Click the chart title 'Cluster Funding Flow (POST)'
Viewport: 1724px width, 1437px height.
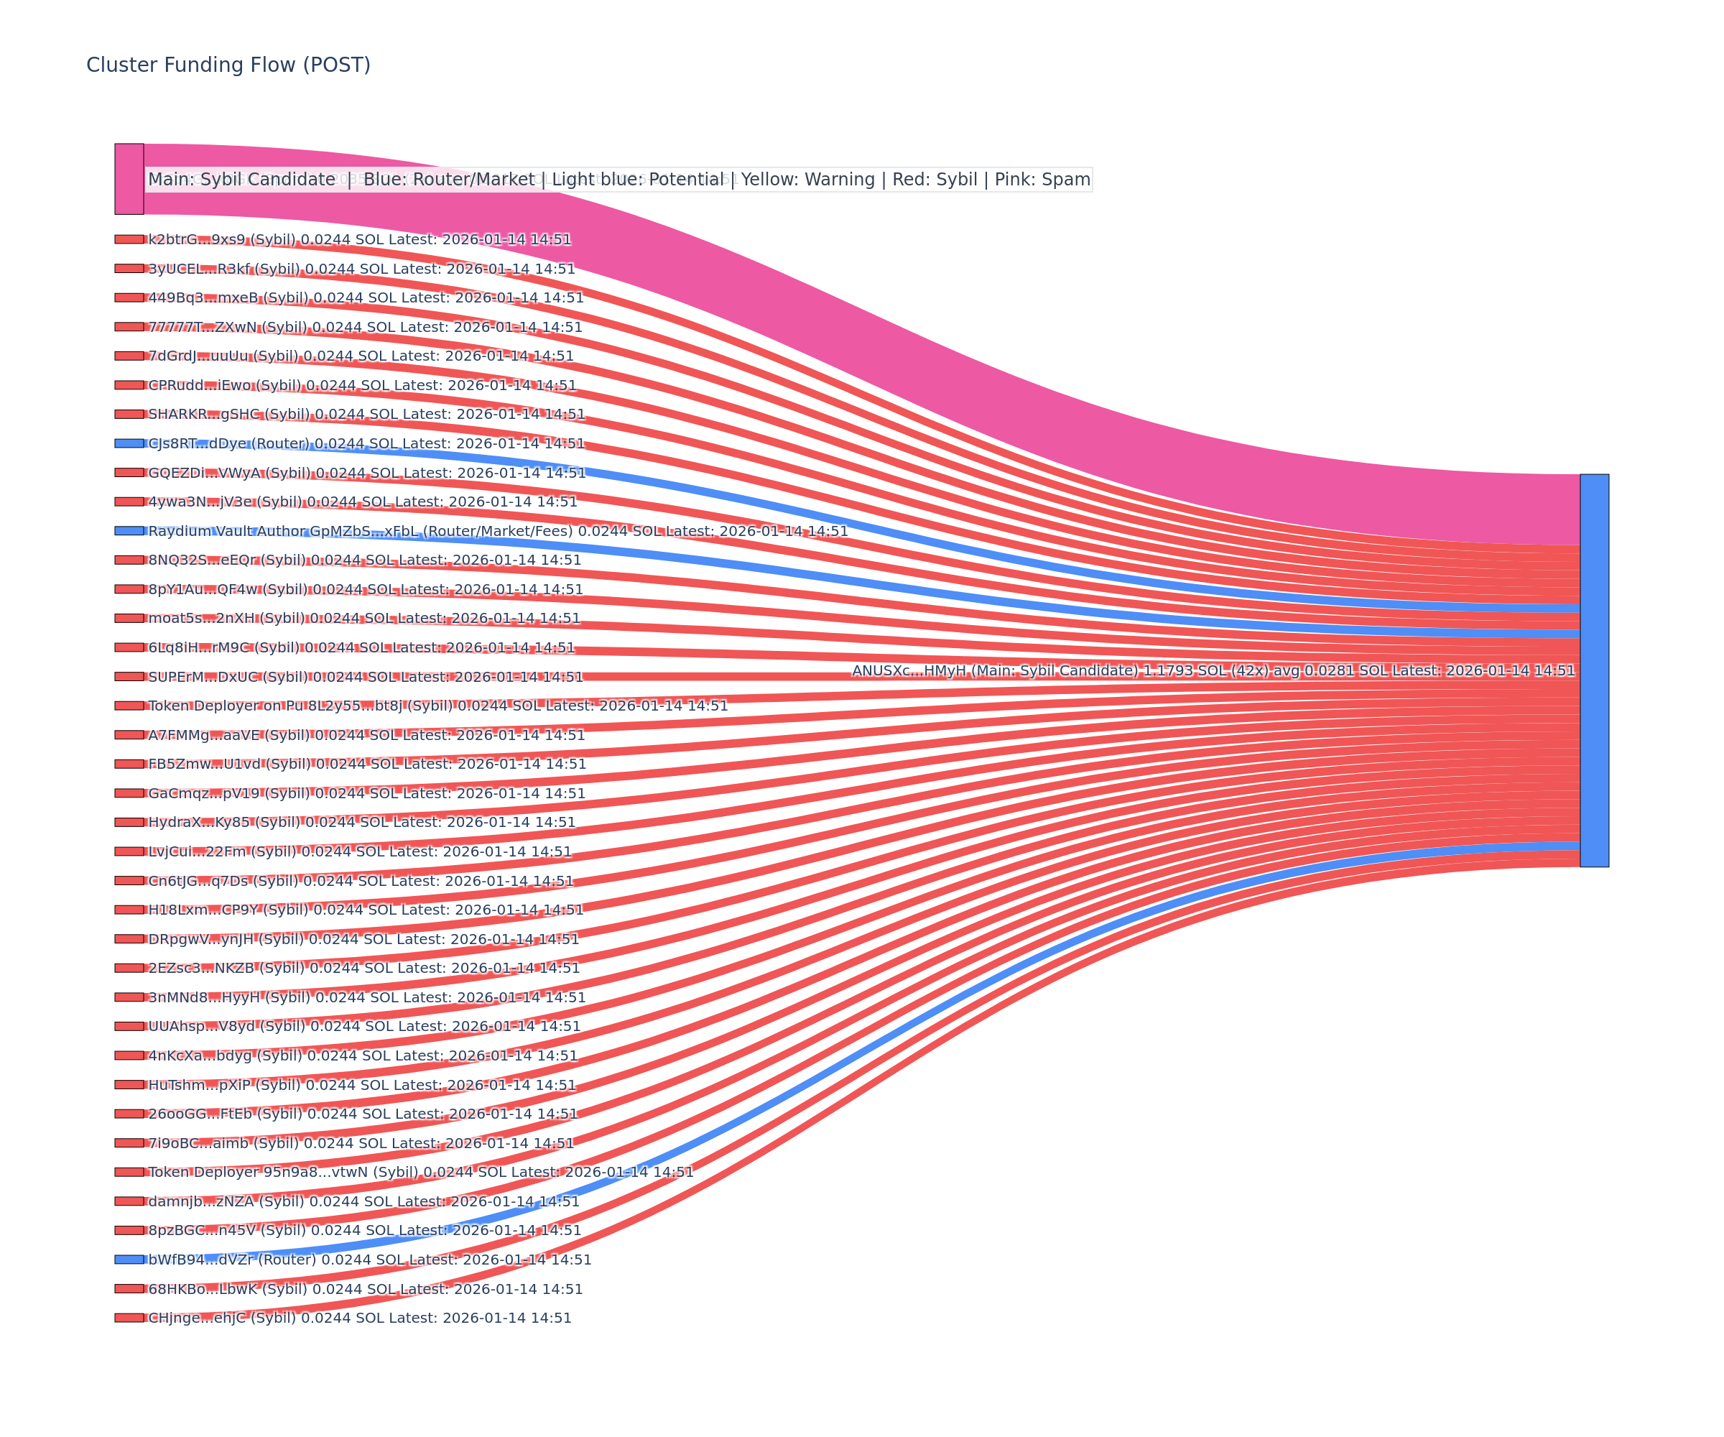[228, 65]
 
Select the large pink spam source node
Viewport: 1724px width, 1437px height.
[129, 179]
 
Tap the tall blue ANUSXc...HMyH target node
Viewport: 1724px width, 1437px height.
[1594, 670]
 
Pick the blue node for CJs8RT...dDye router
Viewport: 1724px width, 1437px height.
[129, 443]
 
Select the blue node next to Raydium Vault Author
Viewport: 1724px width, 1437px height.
[129, 531]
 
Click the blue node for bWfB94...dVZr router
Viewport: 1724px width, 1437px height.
[129, 1260]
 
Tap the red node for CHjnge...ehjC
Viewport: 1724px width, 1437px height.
[129, 1318]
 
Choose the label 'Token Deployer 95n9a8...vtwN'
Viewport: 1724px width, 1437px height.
[420, 1173]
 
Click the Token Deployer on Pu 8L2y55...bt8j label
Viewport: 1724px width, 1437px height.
[437, 706]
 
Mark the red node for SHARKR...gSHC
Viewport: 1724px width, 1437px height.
[129, 414]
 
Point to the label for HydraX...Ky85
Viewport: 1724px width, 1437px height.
[361, 823]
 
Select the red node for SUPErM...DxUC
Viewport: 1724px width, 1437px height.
[129, 677]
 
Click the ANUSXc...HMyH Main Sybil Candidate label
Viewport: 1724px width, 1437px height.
[1213, 671]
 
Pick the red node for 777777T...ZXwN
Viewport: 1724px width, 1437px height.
[129, 327]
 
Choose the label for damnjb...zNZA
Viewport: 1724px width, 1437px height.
[363, 1201]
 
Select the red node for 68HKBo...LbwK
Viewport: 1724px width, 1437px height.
[129, 1289]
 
